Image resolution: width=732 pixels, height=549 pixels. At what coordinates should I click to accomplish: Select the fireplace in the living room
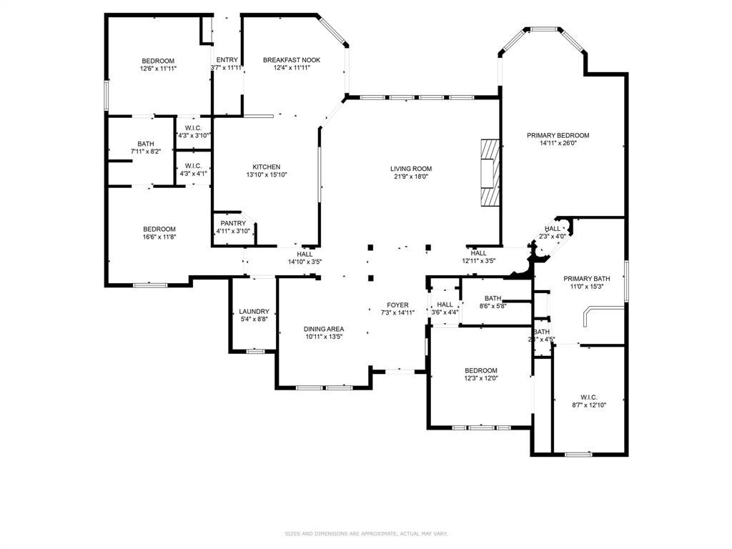tap(490, 172)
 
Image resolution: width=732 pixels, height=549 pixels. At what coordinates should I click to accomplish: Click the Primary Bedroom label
tap(558, 135)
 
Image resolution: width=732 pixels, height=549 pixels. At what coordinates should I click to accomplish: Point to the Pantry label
tap(233, 223)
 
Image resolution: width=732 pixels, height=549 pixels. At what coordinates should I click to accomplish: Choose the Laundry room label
tap(254, 312)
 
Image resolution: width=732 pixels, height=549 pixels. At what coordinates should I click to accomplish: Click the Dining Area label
tap(324, 329)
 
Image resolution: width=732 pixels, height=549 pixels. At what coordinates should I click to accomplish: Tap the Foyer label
tap(397, 305)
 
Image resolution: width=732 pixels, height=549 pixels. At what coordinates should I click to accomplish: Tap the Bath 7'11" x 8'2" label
tap(146, 144)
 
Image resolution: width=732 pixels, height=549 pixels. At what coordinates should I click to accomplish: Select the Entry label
tap(227, 60)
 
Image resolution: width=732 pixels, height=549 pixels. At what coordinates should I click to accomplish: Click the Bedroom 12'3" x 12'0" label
tap(480, 370)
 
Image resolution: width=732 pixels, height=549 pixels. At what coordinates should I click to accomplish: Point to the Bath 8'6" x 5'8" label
tap(493, 298)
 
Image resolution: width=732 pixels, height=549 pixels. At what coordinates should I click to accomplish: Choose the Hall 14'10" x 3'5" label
tap(305, 254)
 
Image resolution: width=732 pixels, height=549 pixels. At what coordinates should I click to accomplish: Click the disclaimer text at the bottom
tap(365, 533)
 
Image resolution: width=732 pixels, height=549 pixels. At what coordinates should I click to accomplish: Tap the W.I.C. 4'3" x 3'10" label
tap(193, 128)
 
